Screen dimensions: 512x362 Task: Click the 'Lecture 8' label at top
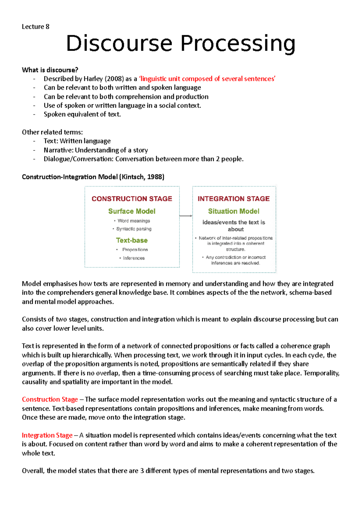(x=35, y=27)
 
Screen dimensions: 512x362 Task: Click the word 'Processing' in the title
(x=238, y=44)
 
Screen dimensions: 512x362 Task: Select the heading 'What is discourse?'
(x=50, y=70)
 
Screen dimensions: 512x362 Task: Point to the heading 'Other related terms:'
(x=52, y=132)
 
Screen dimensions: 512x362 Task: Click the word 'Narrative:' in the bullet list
(x=59, y=150)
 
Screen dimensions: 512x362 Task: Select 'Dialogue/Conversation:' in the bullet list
(x=78, y=159)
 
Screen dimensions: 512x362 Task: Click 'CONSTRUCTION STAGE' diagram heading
(x=132, y=199)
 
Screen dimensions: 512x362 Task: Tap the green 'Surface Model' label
(x=132, y=211)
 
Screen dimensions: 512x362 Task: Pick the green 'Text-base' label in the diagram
(x=132, y=240)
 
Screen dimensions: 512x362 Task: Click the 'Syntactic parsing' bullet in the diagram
(x=134, y=229)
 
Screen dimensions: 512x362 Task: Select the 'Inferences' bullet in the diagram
(x=134, y=258)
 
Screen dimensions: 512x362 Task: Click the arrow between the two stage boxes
(x=186, y=216)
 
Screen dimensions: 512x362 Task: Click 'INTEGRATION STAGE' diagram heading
(x=233, y=199)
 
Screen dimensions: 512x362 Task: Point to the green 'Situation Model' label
(x=233, y=211)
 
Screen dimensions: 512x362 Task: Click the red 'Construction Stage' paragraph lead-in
(x=50, y=400)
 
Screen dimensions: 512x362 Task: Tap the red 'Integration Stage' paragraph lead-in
(x=47, y=435)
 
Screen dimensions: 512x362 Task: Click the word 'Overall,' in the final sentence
(x=33, y=471)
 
